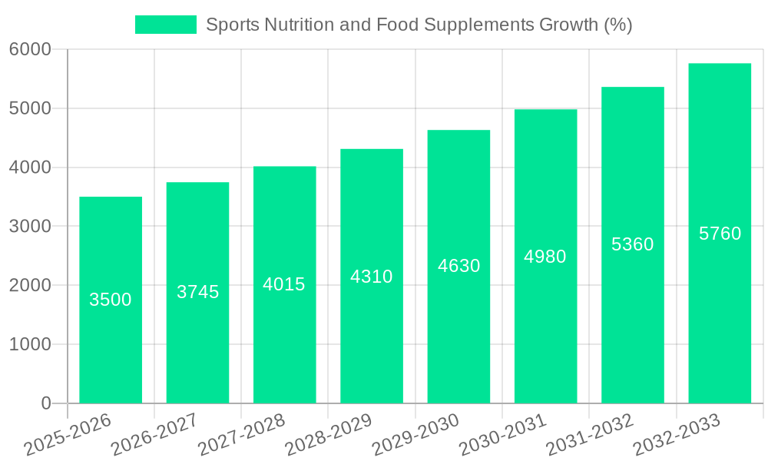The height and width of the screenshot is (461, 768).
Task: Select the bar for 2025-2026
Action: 111,346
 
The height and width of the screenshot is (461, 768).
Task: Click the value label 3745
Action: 198,292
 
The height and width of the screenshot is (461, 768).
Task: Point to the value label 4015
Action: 284,284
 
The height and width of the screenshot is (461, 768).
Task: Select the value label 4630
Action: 459,266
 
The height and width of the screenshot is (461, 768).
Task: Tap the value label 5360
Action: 633,244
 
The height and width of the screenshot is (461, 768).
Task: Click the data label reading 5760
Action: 720,234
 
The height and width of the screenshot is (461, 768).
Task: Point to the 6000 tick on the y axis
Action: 30,50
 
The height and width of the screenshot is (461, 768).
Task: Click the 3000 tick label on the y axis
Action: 30,227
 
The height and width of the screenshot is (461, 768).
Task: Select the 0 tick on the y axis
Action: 45,403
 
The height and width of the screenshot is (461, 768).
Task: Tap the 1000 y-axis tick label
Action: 30,344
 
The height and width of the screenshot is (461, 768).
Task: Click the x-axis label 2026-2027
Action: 154,435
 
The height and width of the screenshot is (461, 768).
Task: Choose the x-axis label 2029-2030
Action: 415,435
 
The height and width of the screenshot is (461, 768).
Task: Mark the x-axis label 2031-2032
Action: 589,435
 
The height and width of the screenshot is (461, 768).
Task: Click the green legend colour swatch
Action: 166,25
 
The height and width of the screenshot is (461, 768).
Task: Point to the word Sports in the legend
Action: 232,25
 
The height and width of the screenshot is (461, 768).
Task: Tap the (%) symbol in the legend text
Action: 618,25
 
